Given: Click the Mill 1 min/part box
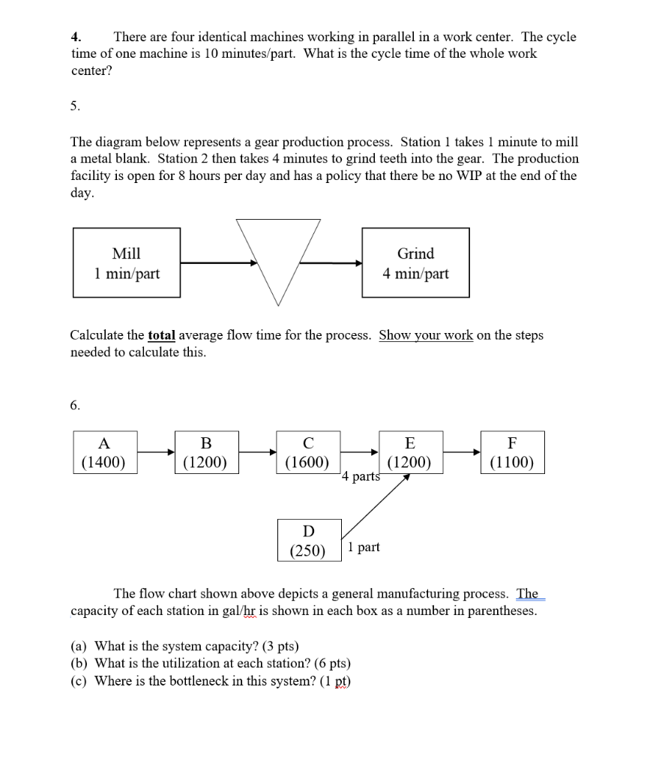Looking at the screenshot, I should coord(127,263).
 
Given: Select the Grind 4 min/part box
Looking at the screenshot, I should coord(415,263).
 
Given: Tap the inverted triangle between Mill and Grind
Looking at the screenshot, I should coord(278,255).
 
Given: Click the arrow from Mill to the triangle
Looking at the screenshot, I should coord(218,262).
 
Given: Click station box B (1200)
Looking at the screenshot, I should coord(205,452).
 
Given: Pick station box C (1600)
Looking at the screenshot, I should coord(307,452).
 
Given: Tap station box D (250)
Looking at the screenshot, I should coord(308,540).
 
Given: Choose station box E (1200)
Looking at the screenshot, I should coord(409,452).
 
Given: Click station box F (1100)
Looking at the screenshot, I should coord(512,452).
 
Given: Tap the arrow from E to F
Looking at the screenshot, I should coord(461,452).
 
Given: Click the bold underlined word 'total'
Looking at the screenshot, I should coord(161,335).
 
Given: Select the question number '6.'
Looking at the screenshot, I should coord(75,405).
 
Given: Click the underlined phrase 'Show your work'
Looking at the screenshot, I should coord(426,335).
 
